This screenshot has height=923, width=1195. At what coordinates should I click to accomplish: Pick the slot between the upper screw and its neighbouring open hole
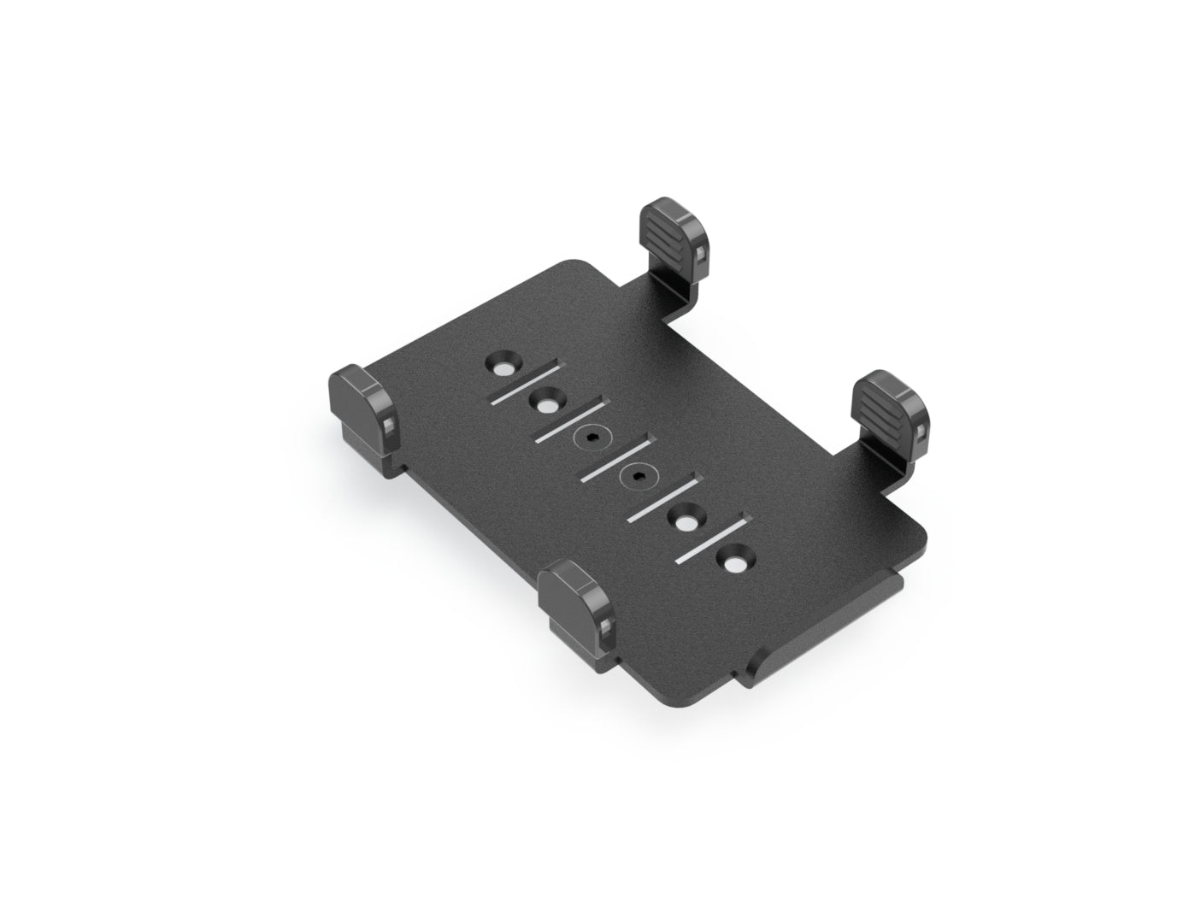click(x=568, y=420)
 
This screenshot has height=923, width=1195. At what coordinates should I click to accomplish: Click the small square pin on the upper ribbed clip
click(x=701, y=254)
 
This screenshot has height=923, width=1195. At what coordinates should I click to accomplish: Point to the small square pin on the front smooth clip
click(x=605, y=630)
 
